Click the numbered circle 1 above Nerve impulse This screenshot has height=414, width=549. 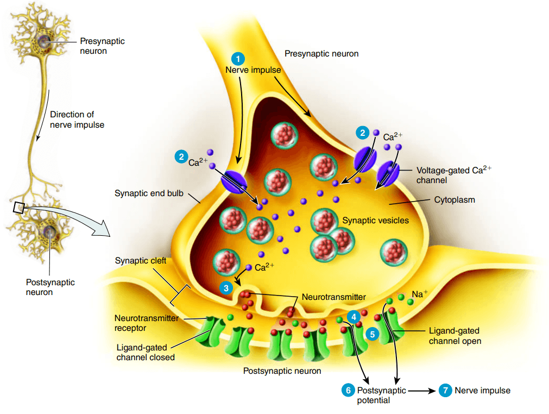[238, 59]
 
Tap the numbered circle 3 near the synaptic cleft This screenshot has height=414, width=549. [226, 288]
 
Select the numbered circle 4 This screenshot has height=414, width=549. [354, 317]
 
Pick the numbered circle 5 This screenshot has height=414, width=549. [372, 334]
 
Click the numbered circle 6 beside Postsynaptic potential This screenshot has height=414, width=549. [348, 390]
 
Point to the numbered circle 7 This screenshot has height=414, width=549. [445, 390]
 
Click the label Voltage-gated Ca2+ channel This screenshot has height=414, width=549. [454, 174]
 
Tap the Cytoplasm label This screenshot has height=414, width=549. [455, 199]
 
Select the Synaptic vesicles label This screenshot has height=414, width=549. [375, 220]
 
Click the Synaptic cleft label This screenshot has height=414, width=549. [141, 261]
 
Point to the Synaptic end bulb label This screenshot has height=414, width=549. [149, 193]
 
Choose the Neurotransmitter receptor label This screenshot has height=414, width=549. [147, 323]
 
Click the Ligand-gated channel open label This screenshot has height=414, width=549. [455, 336]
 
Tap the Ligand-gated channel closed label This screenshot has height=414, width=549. [146, 353]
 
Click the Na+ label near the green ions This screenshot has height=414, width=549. [419, 294]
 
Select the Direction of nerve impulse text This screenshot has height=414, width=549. [77, 120]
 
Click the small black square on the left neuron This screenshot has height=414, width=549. [18, 208]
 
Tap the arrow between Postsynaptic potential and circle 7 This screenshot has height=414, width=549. [422, 391]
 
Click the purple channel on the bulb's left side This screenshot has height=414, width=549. [234, 181]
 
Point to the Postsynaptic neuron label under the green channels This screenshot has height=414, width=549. [282, 371]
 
